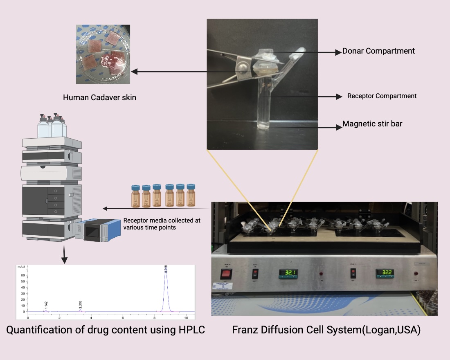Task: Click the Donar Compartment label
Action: pyautogui.click(x=378, y=51)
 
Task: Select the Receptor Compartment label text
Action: pyautogui.click(x=382, y=96)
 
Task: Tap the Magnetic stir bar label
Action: pyautogui.click(x=372, y=124)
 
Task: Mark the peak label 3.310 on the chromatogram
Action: pyautogui.click(x=81, y=305)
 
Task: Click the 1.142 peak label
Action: pyautogui.click(x=46, y=305)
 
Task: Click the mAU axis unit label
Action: pyautogui.click(x=21, y=266)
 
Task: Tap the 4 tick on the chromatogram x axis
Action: pyautogui.click(x=91, y=318)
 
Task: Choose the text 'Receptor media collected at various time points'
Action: pyautogui.click(x=162, y=224)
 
